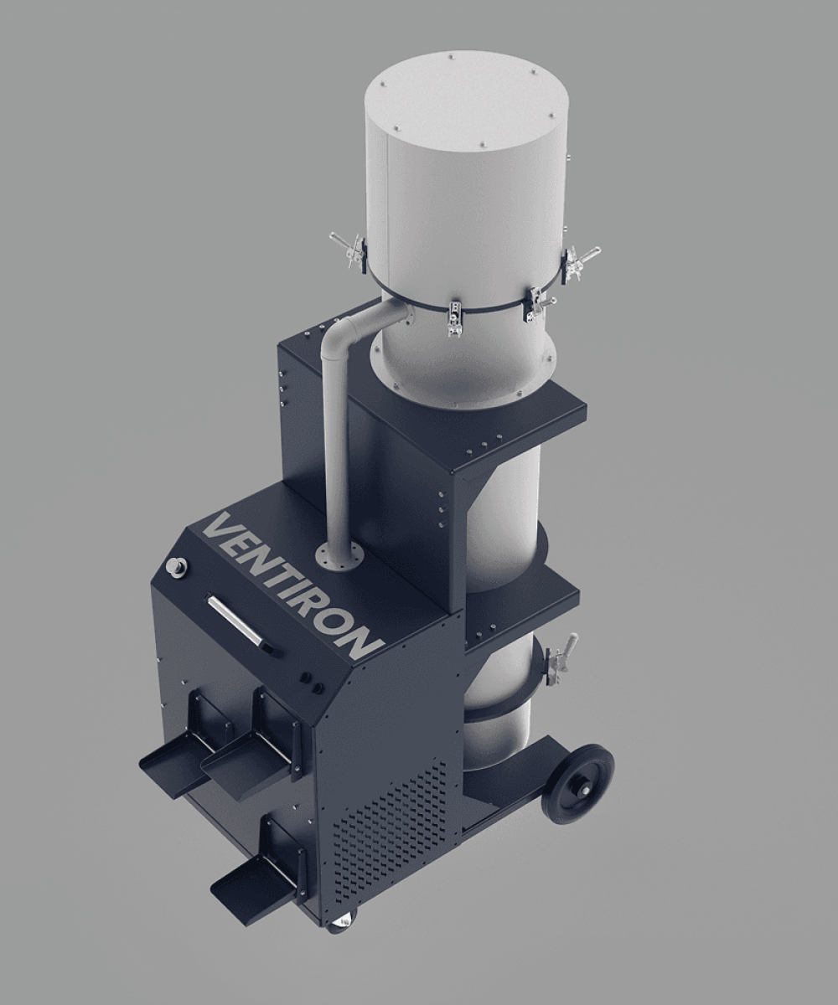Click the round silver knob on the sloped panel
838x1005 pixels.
[x=173, y=565]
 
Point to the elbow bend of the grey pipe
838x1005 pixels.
[x=343, y=331]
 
